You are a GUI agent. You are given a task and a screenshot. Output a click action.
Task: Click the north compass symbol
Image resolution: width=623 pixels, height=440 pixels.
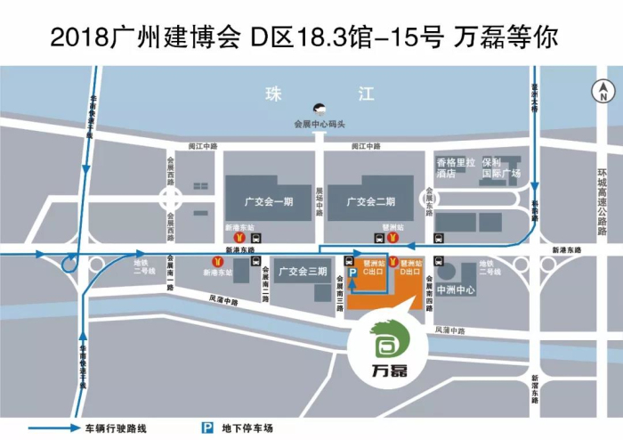tap(603, 89)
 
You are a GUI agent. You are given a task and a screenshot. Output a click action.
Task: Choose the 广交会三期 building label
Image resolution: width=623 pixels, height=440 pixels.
tap(301, 271)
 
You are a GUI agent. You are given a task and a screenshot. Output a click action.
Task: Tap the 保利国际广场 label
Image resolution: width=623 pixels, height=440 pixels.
tap(502, 169)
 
